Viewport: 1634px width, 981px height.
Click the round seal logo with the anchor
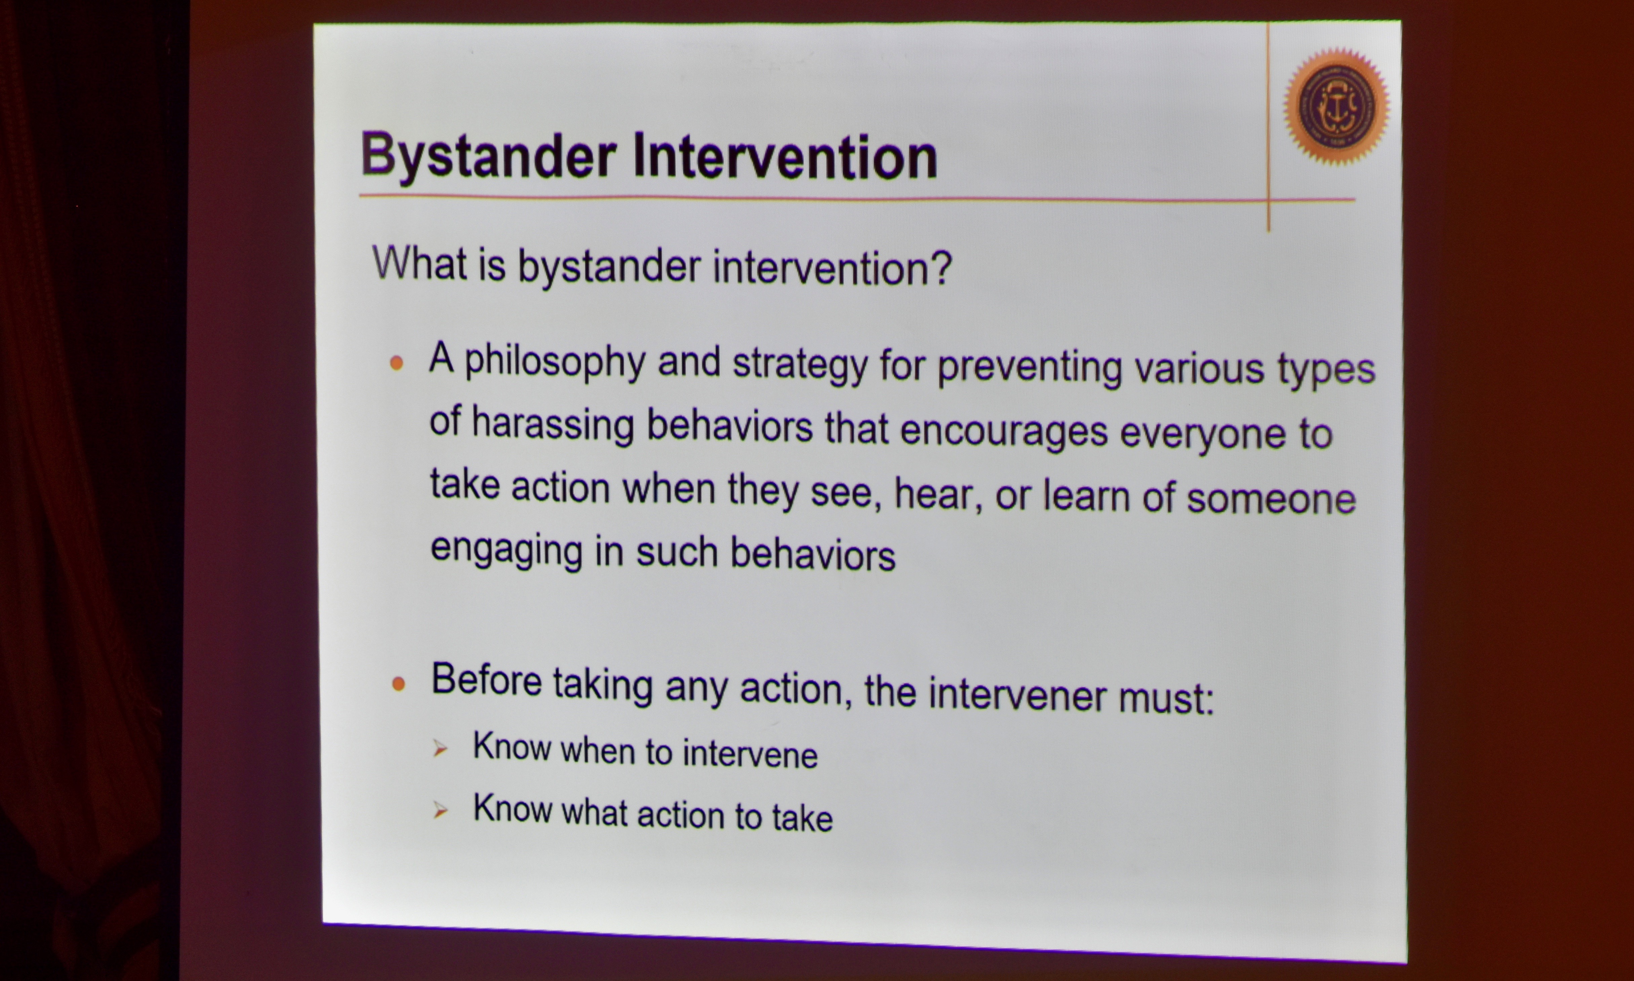[x=1337, y=106]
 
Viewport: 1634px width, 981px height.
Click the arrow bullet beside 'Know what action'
[x=441, y=810]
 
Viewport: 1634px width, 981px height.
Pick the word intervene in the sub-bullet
[x=751, y=754]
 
